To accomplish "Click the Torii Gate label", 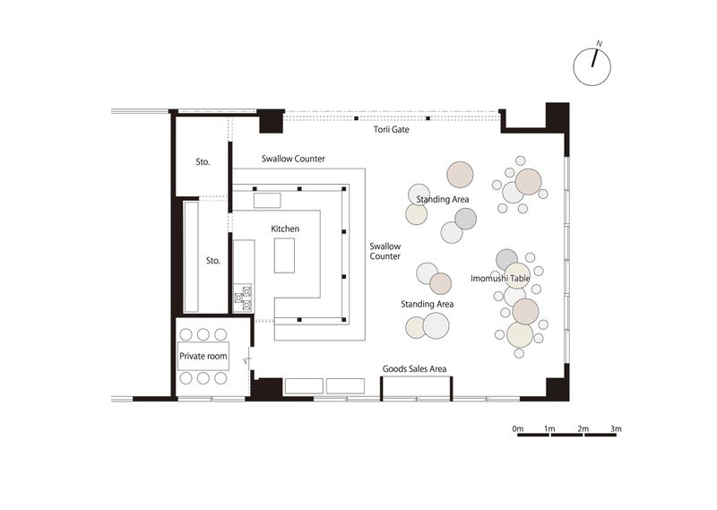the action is [391, 129].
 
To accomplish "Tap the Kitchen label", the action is [285, 229].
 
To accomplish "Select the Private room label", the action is [203, 356].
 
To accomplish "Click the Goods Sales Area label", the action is [414, 368].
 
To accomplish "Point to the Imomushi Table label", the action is [500, 278].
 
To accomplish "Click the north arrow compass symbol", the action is [592, 67].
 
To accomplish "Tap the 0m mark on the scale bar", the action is [518, 428].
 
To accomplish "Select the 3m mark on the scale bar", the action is [616, 428].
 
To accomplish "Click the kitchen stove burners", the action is [243, 297].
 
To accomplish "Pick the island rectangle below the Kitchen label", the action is [284, 255].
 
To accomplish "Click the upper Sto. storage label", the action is [203, 162].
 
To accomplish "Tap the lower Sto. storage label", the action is [213, 261].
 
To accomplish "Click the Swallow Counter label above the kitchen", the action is [293, 159].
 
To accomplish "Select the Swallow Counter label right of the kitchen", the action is [385, 251].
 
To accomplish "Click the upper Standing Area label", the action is [442, 199].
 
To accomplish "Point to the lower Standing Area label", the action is [428, 304].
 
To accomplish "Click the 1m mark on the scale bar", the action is [549, 428].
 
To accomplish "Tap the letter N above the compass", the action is [599, 44].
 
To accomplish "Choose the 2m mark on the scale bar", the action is [583, 428].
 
